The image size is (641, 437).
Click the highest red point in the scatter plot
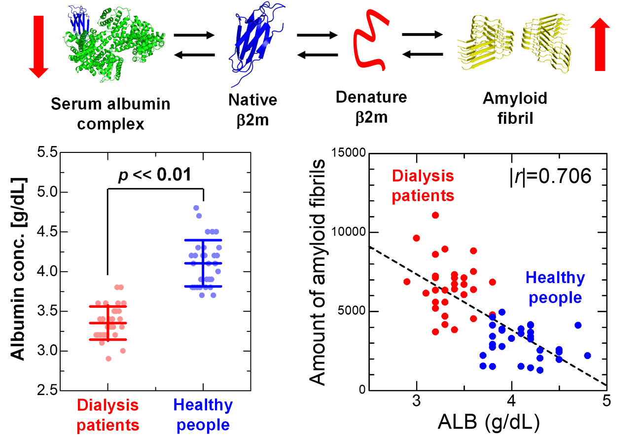click(x=435, y=215)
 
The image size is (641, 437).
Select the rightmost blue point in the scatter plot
click(x=587, y=356)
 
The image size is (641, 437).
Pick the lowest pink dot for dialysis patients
click(x=108, y=359)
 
